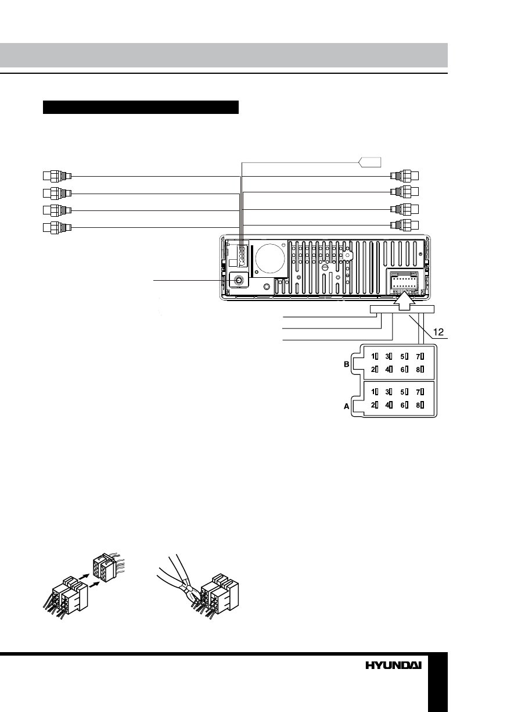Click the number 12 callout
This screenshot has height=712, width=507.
439,332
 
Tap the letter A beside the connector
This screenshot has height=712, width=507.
347,407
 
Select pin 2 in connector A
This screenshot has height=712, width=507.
375,405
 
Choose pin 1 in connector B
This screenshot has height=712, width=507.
375,356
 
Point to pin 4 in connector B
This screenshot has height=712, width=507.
390,369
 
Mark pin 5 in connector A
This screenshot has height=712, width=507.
405,392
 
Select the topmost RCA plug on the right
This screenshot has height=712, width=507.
405,176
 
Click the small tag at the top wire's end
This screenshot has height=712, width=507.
370,161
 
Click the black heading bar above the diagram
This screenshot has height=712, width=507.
141,108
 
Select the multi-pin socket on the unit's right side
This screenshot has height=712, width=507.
402,284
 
